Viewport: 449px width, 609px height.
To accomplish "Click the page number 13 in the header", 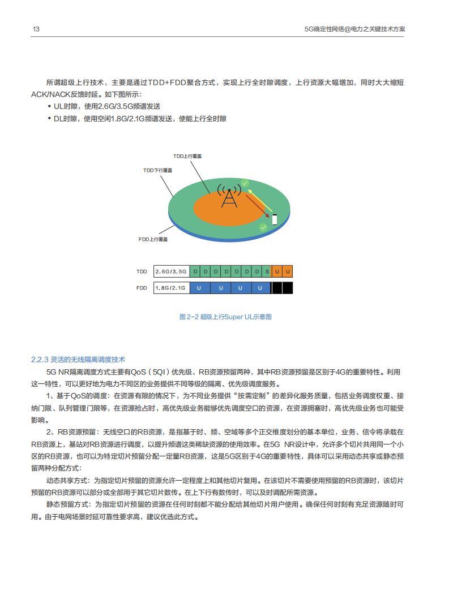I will coord(35,29).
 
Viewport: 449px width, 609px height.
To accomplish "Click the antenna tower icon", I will coord(229,196).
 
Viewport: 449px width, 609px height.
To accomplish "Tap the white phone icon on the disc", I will coord(275,219).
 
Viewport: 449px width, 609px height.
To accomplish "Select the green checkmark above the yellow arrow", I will coord(245,183).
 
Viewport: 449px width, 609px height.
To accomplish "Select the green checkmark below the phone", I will coord(263,227).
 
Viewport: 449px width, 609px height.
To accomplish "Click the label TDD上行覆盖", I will coord(187,156).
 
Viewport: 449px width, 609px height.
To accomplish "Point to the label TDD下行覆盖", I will coord(157,170).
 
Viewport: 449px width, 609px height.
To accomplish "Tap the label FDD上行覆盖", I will coord(153,239).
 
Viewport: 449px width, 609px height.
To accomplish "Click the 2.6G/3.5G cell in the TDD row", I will coord(171,271).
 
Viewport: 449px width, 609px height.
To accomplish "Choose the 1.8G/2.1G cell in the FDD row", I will coord(171,288).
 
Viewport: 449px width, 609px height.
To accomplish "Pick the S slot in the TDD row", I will coord(267,271).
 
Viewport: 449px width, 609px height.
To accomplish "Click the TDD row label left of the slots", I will coord(141,271).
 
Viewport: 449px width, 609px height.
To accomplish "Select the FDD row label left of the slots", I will coord(141,288).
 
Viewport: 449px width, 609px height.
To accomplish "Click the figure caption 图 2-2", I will coord(186,317).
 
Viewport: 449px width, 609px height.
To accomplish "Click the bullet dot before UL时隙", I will coord(50,106).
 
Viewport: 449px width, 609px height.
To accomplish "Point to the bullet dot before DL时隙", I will coord(50,119).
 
